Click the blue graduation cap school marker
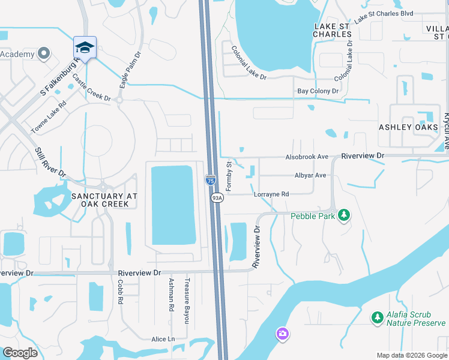tap(85, 47)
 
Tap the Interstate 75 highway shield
tap(211, 179)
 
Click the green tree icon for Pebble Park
tap(344, 215)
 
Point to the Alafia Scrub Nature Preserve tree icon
tap(377, 316)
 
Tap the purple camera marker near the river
tap(282, 333)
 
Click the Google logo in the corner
tap(20, 353)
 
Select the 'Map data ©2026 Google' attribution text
tap(412, 355)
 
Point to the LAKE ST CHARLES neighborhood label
tap(332, 30)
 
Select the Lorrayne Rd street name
tap(271, 194)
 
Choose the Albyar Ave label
tap(310, 175)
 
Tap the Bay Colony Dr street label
tap(318, 91)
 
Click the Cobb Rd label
tap(120, 292)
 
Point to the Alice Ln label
tap(163, 339)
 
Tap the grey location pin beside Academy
tap(43, 54)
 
